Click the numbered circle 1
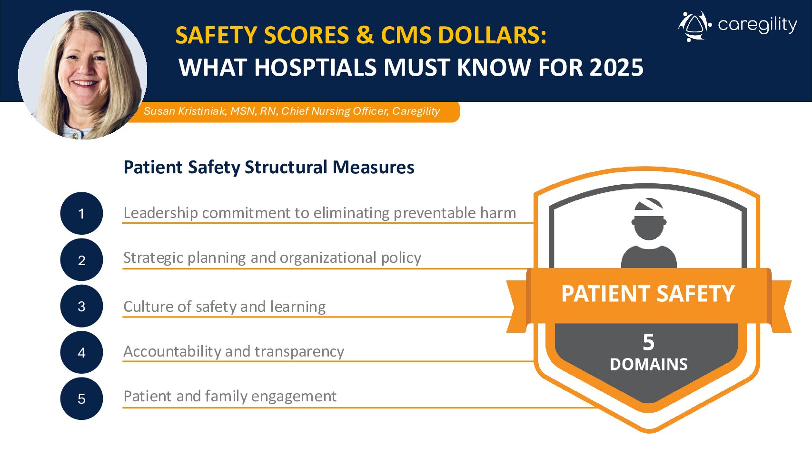point(81,213)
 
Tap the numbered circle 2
point(81,260)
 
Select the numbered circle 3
point(81,306)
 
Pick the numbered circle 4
point(81,352)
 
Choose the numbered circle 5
point(81,398)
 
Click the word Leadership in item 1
point(160,213)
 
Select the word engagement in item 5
point(294,397)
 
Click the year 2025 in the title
point(616,68)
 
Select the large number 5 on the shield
point(649,342)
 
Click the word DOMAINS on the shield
point(649,365)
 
